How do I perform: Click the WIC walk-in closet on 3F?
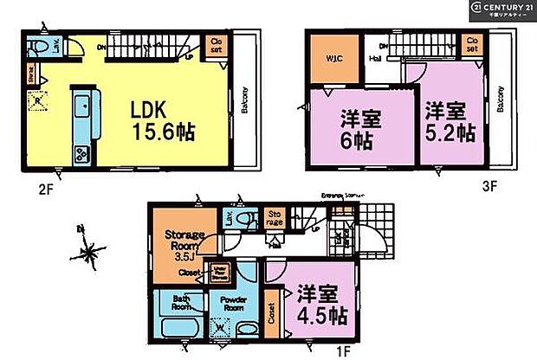click(x=330, y=60)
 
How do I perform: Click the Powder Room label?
click(x=228, y=304)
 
